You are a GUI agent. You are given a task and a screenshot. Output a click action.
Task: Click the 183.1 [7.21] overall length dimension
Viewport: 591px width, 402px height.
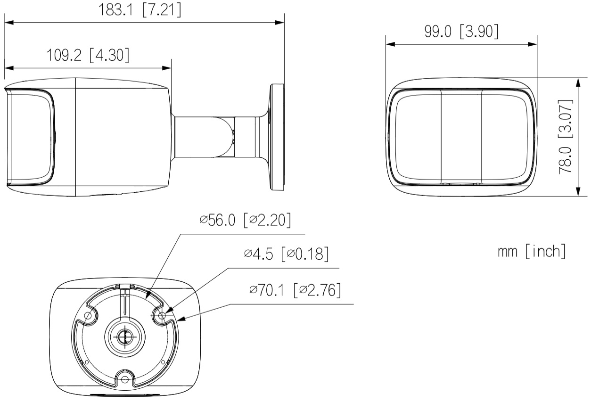[x=140, y=10]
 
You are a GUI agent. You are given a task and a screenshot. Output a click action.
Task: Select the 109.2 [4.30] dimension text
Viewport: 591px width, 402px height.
[x=88, y=55]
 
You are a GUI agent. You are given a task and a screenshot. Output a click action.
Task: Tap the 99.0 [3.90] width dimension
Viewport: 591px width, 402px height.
[x=461, y=32]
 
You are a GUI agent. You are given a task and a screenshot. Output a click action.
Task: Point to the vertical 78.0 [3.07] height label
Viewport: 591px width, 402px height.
[x=566, y=137]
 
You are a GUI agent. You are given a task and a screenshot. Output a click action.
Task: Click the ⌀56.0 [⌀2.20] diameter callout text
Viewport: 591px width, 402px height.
[x=246, y=220]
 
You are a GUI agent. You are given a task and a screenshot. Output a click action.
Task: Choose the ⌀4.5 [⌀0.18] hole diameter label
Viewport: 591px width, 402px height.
[x=287, y=254]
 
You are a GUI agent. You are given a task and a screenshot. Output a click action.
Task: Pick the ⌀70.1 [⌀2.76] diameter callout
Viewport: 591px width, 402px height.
[x=295, y=290]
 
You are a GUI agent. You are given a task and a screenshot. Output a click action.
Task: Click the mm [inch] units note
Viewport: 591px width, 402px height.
[x=532, y=251]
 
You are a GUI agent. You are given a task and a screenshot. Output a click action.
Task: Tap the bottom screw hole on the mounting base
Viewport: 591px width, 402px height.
[x=125, y=380]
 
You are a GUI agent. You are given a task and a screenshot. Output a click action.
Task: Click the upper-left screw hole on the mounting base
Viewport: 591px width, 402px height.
[x=88, y=315]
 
